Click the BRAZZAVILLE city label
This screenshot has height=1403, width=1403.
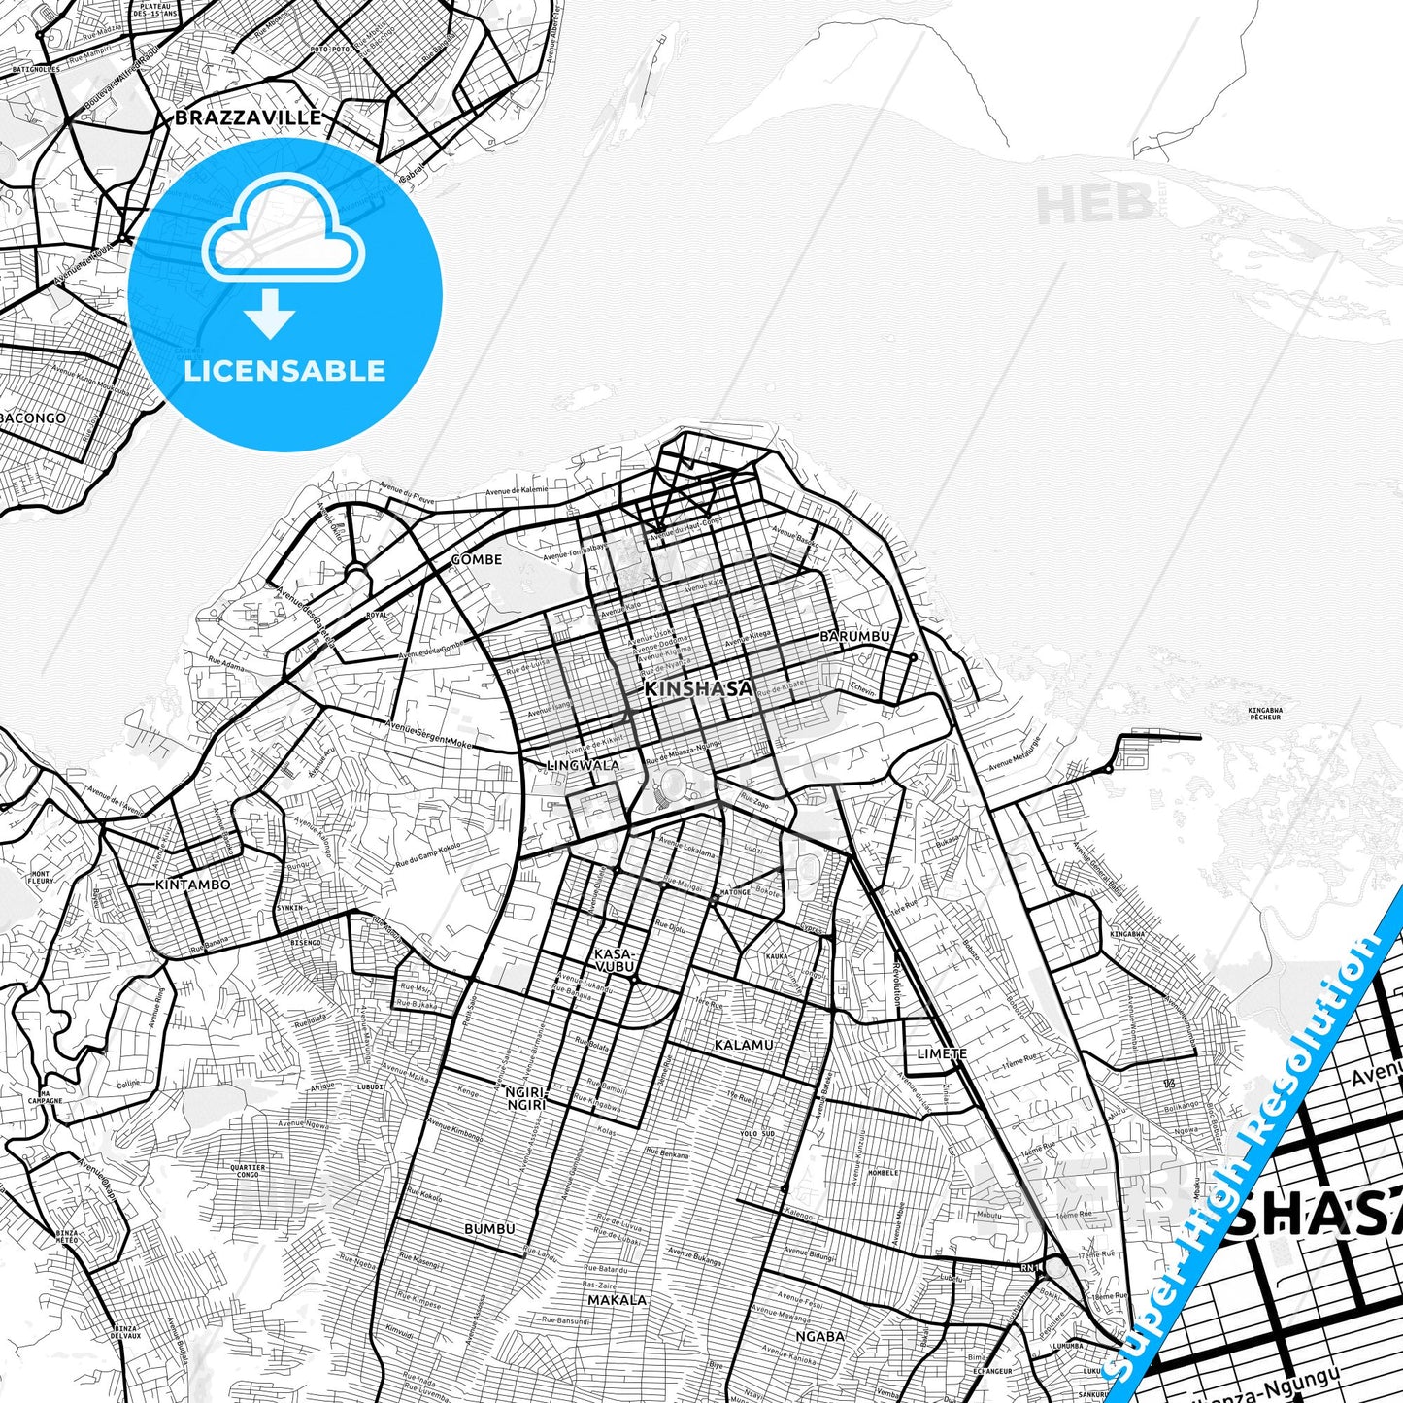click(248, 118)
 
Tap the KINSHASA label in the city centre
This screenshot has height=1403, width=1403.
click(698, 689)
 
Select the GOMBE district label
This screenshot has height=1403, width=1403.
click(477, 559)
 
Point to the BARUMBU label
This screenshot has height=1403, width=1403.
click(854, 636)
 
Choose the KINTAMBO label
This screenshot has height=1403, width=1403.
click(193, 885)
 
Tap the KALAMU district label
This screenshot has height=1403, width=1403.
click(744, 1045)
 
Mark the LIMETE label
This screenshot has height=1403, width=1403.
click(942, 1053)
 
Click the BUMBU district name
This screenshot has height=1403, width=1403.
click(489, 1229)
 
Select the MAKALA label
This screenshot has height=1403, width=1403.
click(617, 1300)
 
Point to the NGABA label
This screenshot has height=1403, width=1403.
click(819, 1336)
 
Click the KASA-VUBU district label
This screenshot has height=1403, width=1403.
click(614, 960)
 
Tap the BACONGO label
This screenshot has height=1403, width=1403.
click(35, 418)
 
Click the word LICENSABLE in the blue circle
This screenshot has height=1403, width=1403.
click(284, 371)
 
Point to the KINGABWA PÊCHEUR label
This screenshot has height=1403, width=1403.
click(1265, 714)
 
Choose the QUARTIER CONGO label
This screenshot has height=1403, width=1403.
click(247, 1171)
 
